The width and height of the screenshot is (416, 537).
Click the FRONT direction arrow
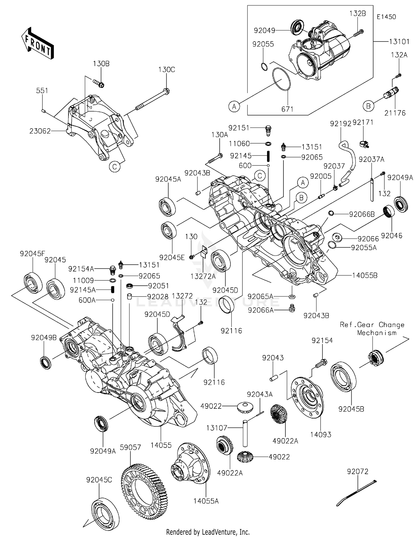point(37,43)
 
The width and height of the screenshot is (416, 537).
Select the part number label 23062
point(40,131)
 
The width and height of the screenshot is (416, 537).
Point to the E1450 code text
point(386,17)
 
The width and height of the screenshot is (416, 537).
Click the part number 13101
point(399,42)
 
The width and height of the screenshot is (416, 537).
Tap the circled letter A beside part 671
point(234,106)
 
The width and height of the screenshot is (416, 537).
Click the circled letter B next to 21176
point(368,106)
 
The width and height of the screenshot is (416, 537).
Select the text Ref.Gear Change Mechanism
point(372,329)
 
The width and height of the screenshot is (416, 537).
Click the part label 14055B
point(365,275)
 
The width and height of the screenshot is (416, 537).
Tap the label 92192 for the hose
point(340,124)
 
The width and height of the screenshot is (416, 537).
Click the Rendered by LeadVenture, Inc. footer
point(208,532)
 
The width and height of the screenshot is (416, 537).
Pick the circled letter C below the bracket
point(115,166)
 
